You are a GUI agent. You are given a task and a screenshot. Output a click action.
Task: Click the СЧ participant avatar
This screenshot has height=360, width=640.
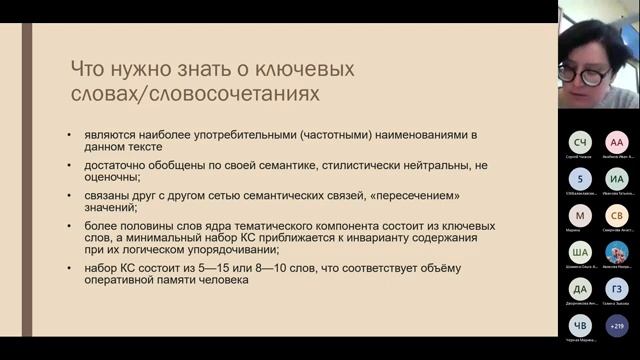[x=581, y=143]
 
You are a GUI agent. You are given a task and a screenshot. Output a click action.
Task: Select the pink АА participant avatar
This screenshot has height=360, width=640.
[x=617, y=143]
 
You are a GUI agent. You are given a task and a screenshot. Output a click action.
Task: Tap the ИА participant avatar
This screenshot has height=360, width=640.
[x=617, y=179]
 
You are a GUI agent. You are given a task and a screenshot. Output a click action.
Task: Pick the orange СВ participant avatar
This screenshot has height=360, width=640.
[x=617, y=215]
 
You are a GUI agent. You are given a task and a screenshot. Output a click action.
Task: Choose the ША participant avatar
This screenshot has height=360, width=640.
[x=581, y=252]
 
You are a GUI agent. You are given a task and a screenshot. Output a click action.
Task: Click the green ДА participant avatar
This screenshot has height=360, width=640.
[x=581, y=288]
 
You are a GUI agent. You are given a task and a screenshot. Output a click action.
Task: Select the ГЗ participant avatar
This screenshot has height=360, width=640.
[x=617, y=288]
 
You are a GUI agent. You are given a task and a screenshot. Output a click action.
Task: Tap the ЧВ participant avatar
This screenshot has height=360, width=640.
[x=581, y=325]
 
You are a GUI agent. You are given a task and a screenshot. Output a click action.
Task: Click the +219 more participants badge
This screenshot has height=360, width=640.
[x=617, y=325]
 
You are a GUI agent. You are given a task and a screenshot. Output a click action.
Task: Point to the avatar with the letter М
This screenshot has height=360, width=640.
[x=581, y=215]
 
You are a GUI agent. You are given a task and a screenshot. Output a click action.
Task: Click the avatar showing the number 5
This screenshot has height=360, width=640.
[x=581, y=179]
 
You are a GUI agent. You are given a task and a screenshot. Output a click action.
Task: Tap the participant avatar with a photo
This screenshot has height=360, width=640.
[x=617, y=252]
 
